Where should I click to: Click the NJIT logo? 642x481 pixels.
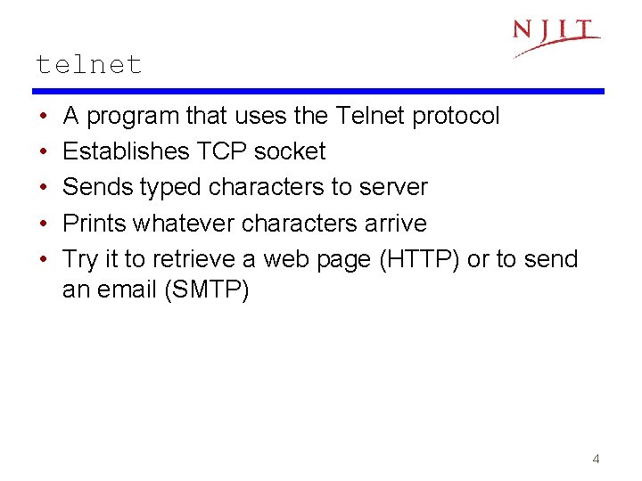[x=556, y=36]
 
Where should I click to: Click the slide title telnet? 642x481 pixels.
[x=88, y=64]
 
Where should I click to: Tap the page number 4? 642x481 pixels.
[x=596, y=460]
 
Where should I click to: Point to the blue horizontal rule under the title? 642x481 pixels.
[x=318, y=91]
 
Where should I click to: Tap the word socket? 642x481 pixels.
[x=290, y=151]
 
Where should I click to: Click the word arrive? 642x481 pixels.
[x=395, y=223]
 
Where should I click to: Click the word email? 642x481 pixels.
[x=127, y=289]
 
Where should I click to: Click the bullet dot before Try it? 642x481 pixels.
[x=44, y=259]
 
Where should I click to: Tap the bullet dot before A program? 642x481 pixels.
[x=44, y=116]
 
